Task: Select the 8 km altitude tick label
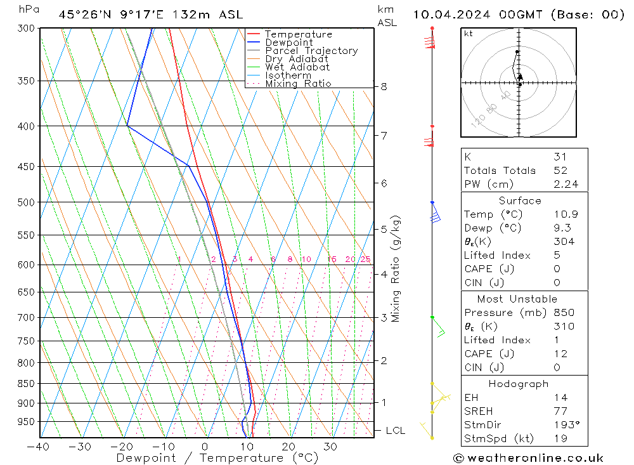(x=384, y=86)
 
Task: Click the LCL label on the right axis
(x=395, y=431)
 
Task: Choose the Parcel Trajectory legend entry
(x=311, y=51)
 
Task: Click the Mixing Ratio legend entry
(x=298, y=84)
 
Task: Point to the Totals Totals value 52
(x=560, y=171)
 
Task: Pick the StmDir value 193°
(x=564, y=425)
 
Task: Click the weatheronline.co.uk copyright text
(x=528, y=458)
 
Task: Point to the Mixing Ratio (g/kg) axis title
(x=396, y=268)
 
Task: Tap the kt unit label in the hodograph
(x=469, y=34)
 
